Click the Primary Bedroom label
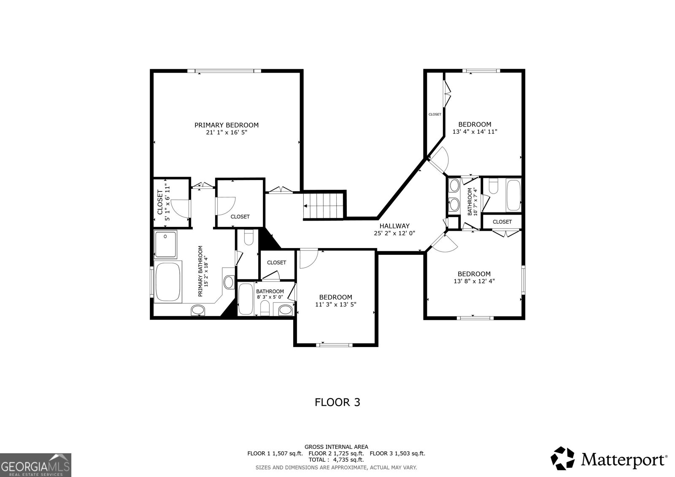point(226,125)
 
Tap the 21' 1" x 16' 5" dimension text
point(227,132)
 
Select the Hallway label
point(394,226)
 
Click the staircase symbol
point(324,206)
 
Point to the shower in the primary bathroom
point(165,244)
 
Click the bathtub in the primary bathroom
point(168,282)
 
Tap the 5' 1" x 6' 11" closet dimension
point(167,201)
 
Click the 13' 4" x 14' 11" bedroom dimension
point(475,132)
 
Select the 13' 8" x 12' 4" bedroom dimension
point(474,281)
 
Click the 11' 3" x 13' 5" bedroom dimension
point(336,305)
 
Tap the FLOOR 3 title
point(337,402)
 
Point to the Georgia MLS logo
point(35,465)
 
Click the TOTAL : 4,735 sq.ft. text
point(336,460)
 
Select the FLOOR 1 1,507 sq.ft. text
point(275,453)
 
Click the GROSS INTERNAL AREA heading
point(336,447)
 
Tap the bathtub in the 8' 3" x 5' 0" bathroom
point(246,299)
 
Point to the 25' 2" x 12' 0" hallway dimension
point(394,233)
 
